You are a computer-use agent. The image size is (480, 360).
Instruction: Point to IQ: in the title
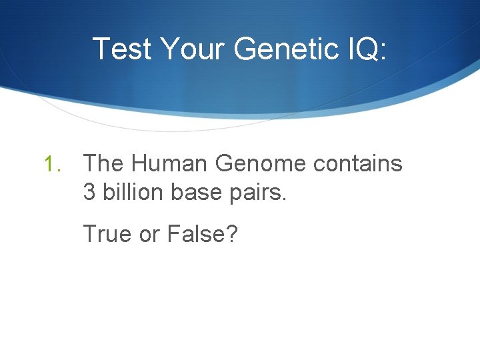[364, 49]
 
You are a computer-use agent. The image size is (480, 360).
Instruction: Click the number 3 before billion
[89, 192]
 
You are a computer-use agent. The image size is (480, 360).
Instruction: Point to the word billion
[133, 192]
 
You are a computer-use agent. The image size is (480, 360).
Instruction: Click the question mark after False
[232, 235]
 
